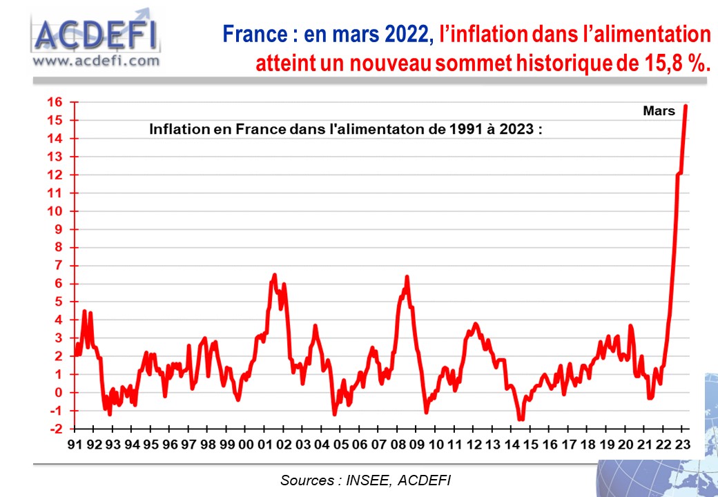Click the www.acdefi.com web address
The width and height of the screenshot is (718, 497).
tap(96, 61)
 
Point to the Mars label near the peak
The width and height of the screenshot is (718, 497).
tap(659, 111)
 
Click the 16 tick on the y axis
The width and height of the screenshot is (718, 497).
tap(55, 102)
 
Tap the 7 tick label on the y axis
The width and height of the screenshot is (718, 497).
tap(58, 266)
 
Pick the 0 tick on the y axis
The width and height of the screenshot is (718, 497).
tap(58, 393)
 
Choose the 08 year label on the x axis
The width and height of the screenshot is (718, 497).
tap(398, 445)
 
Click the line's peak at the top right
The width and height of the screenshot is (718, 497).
tap(686, 106)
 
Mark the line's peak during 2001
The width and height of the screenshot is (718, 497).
tap(275, 275)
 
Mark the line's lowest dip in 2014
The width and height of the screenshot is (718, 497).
tap(521, 418)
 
